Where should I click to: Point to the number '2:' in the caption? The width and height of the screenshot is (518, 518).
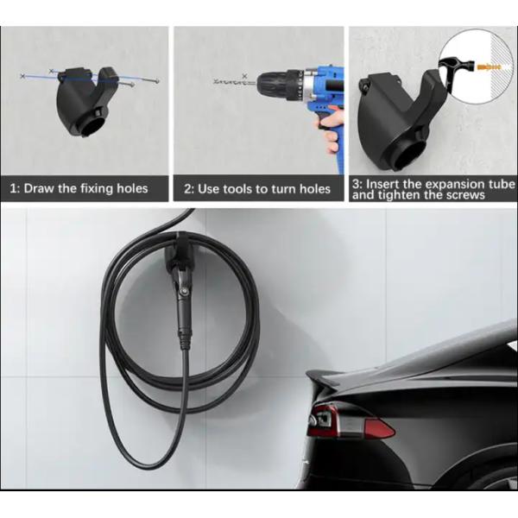tap(189, 187)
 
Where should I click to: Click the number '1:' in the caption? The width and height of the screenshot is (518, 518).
tap(14, 187)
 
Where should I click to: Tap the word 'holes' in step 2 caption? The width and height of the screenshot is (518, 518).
tap(312, 187)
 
